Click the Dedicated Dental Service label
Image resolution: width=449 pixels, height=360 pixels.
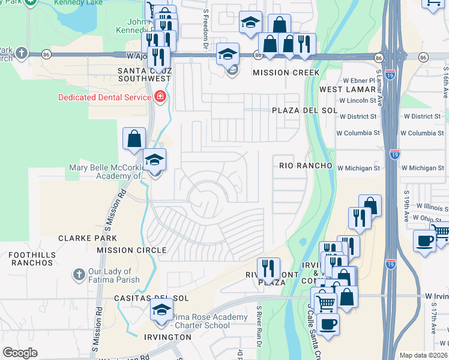(105, 97)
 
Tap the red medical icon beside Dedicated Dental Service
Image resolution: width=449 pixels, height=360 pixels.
(160, 97)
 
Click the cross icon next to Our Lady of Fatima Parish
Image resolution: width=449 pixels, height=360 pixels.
(78, 275)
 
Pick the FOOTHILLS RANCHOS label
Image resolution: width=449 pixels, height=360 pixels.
(31, 259)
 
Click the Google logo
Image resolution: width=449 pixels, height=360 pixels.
(20, 353)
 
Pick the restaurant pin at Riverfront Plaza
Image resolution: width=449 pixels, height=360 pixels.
(268, 268)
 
